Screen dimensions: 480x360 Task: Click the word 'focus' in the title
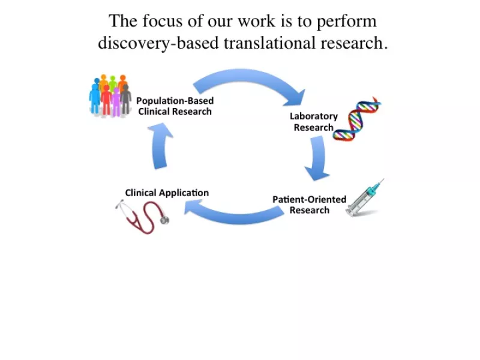(163, 21)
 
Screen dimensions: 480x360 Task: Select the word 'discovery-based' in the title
(158, 43)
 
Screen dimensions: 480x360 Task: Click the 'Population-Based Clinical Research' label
(175, 106)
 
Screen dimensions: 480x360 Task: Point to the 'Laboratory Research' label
(314, 122)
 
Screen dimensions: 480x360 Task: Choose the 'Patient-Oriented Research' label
(310, 205)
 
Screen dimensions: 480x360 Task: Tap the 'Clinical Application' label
(167, 193)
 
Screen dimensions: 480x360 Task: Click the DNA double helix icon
(356, 119)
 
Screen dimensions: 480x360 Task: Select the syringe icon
(364, 199)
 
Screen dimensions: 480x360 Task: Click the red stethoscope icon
(142, 217)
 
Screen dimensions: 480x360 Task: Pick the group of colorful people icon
(110, 95)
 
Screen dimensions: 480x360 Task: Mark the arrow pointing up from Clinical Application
(160, 145)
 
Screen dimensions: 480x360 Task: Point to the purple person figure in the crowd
(116, 102)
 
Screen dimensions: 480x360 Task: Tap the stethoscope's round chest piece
(164, 220)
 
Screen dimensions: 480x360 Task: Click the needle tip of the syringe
(383, 179)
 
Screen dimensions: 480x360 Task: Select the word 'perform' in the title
(347, 22)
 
